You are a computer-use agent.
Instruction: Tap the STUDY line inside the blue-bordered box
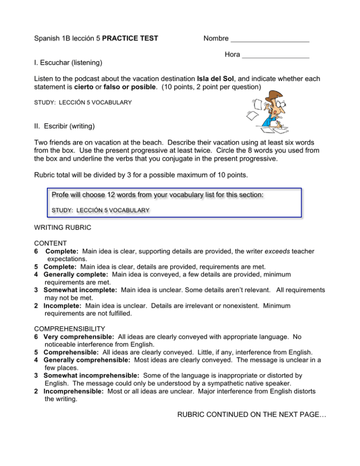tap(100, 211)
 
